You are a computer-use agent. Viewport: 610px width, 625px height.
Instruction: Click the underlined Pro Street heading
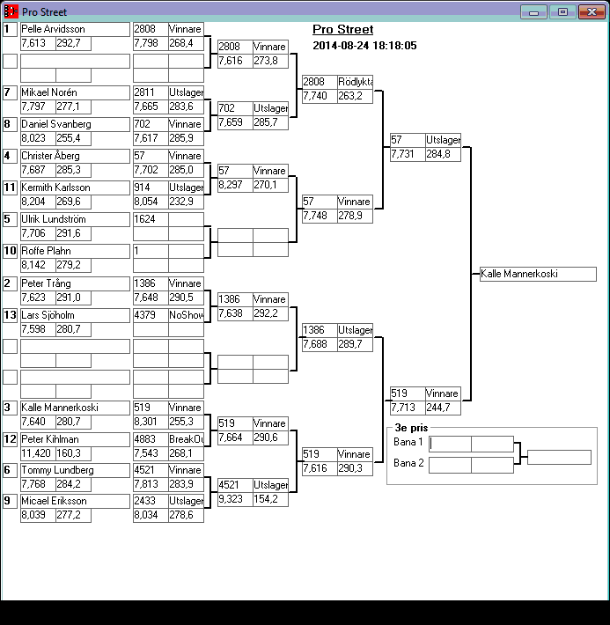[x=342, y=30]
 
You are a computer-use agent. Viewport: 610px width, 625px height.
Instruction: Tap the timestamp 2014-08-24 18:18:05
[x=364, y=46]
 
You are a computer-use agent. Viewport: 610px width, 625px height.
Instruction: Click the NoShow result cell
[x=186, y=314]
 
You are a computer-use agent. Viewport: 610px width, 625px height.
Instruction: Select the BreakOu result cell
[x=186, y=439]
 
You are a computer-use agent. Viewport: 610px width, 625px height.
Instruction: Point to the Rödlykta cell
[x=355, y=82]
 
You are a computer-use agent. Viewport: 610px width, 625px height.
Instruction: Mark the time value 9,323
[x=235, y=499]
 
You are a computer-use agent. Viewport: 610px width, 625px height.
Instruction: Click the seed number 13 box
[x=10, y=314]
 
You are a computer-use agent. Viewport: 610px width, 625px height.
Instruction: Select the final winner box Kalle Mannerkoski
[x=538, y=274]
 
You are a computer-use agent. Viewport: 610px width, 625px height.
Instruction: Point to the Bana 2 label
[x=408, y=463]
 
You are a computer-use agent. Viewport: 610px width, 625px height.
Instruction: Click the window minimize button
[x=533, y=12]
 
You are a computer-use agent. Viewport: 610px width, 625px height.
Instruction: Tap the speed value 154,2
[x=270, y=499]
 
